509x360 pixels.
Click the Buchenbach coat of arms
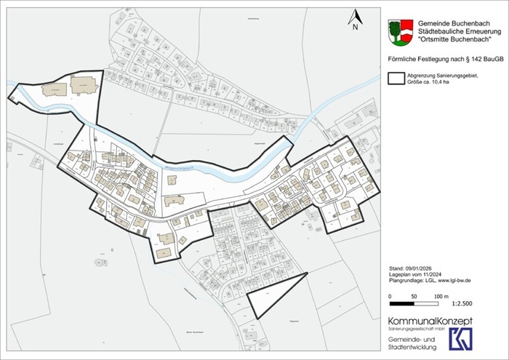click(x=401, y=32)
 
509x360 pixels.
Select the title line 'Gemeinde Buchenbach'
click(x=455, y=23)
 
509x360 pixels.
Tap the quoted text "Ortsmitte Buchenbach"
click(x=455, y=40)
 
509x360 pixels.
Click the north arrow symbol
click(x=356, y=17)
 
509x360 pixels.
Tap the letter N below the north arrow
click(x=356, y=28)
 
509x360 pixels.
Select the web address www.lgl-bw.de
click(x=457, y=280)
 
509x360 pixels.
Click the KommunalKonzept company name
click(x=430, y=321)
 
